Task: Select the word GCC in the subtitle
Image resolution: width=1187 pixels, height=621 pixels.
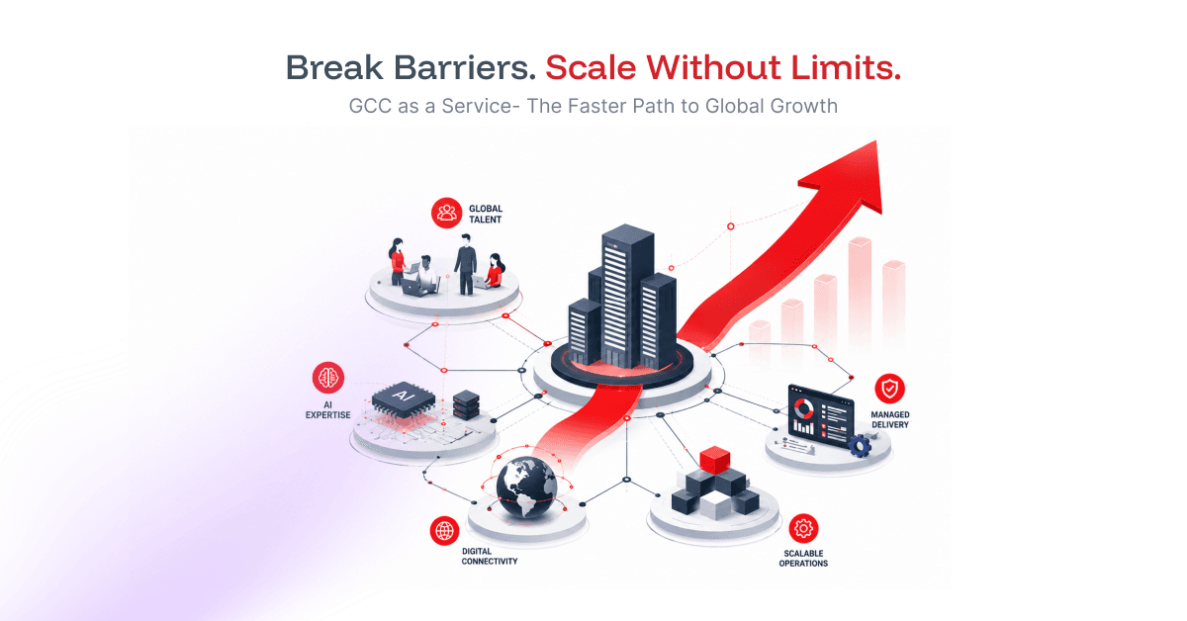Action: pyautogui.click(x=370, y=106)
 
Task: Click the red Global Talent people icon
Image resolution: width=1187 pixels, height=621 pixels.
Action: pyautogui.click(x=447, y=213)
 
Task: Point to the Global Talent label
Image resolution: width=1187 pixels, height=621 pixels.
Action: pyautogui.click(x=486, y=214)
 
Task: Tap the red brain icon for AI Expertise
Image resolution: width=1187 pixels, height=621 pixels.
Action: pyautogui.click(x=328, y=378)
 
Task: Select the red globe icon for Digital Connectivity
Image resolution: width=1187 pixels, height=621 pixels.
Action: pyautogui.click(x=444, y=530)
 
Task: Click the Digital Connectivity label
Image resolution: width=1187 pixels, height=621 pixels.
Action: pyautogui.click(x=489, y=557)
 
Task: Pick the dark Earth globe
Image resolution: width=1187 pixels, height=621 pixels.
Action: pyautogui.click(x=526, y=488)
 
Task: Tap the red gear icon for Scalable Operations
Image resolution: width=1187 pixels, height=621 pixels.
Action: pyautogui.click(x=803, y=528)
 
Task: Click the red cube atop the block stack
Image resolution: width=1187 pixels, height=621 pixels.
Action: pyautogui.click(x=715, y=460)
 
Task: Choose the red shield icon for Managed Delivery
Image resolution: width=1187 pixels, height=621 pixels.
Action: pyautogui.click(x=889, y=389)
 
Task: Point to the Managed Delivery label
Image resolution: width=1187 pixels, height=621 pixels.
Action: pyautogui.click(x=889, y=419)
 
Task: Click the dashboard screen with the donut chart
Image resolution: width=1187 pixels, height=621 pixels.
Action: pyautogui.click(x=820, y=416)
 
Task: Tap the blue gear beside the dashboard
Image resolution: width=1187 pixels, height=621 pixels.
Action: pyautogui.click(x=860, y=446)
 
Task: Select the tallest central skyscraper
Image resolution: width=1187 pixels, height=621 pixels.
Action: pyautogui.click(x=627, y=295)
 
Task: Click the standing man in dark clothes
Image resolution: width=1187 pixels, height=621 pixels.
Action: pyautogui.click(x=465, y=264)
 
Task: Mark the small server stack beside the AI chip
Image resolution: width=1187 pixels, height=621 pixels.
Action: pyautogui.click(x=466, y=405)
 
